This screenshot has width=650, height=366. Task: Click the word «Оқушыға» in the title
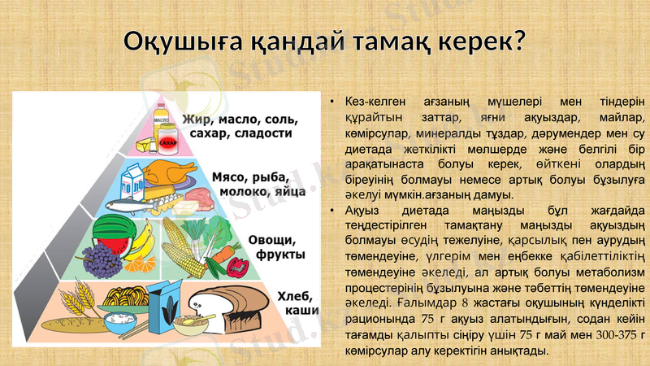click(x=184, y=41)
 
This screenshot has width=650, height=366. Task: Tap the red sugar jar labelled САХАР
click(x=167, y=140)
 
